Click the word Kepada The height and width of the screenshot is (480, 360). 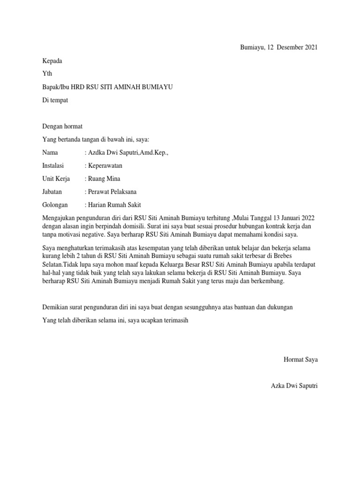point(52,61)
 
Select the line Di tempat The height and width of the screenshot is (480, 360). point(55,100)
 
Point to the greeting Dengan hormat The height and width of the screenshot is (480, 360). point(62,126)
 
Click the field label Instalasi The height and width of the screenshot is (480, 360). point(53,165)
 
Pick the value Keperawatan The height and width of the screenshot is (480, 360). point(106,165)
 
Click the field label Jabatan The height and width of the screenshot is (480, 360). point(52,192)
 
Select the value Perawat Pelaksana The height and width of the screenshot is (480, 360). point(112,192)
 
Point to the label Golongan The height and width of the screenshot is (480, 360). point(55,205)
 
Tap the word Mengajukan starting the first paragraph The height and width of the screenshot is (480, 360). point(59,217)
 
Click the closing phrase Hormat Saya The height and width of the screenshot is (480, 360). point(301,360)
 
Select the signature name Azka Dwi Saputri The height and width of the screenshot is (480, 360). point(294,386)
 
